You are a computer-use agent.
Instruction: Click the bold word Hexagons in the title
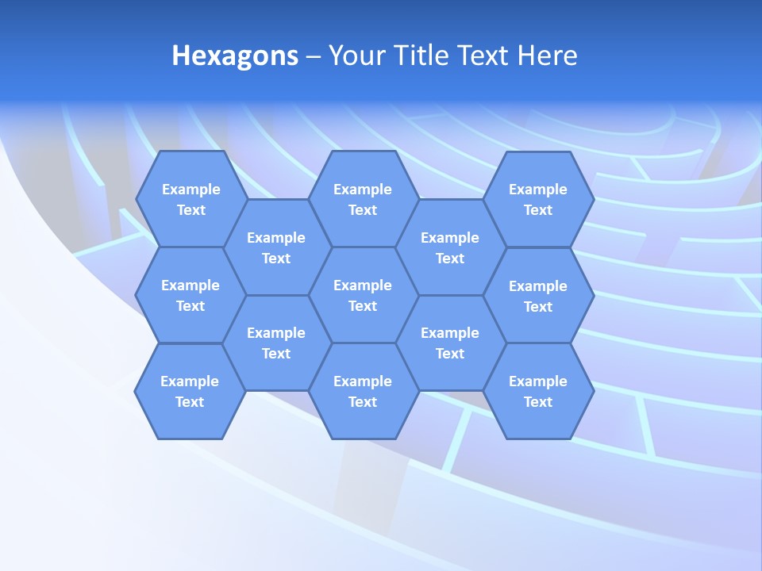[235, 56]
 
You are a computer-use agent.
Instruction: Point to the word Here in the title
[547, 56]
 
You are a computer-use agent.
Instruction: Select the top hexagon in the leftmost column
[190, 199]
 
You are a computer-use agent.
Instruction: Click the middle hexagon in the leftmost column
[190, 295]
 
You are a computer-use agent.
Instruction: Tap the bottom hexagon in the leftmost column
[190, 391]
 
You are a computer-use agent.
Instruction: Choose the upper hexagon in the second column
[276, 247]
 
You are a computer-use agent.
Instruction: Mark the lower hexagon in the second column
[276, 343]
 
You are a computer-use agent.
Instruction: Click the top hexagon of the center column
[363, 199]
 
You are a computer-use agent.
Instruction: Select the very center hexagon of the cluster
[363, 295]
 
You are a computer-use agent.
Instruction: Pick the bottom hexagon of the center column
[363, 391]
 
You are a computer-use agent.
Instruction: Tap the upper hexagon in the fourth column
[450, 247]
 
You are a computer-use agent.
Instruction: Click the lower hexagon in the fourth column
[450, 343]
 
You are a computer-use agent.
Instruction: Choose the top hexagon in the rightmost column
[538, 199]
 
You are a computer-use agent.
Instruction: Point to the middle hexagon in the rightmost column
[538, 296]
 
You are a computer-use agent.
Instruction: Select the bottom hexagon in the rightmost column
[538, 391]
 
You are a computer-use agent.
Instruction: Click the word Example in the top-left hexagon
[190, 190]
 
